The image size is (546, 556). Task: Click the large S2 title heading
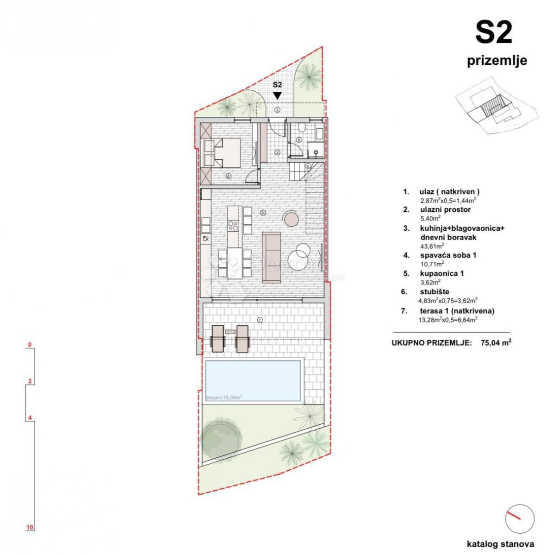(x=494, y=34)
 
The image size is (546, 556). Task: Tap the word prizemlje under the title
(x=496, y=61)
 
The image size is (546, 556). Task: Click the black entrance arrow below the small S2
(x=277, y=95)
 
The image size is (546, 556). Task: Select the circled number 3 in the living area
(x=262, y=213)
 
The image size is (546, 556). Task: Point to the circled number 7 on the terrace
(x=260, y=319)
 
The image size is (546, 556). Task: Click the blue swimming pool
(x=253, y=380)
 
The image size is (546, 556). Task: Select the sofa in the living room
(x=271, y=258)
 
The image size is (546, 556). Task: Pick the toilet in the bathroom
(x=301, y=128)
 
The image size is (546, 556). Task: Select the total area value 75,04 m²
(x=496, y=343)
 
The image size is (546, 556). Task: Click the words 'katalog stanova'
(x=501, y=544)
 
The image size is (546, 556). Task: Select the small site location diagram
(x=496, y=110)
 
